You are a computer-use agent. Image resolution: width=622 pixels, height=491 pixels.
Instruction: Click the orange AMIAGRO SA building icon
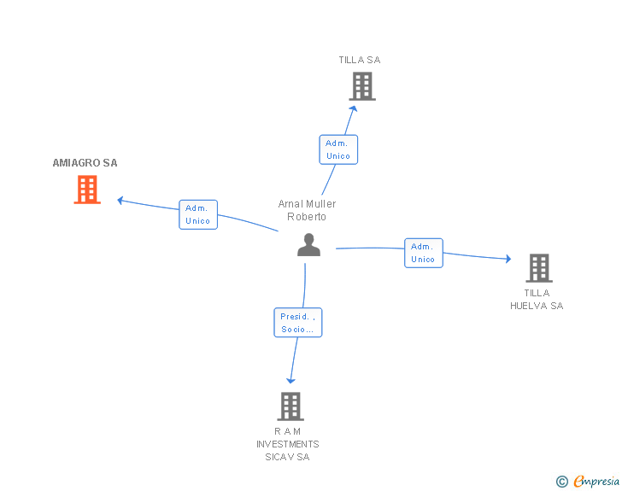[x=87, y=190]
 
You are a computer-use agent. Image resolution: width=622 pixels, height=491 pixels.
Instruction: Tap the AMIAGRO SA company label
[x=85, y=163]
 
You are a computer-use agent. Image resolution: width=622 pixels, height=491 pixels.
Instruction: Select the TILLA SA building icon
[x=362, y=86]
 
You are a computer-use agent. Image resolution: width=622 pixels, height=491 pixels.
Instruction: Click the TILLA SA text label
[x=360, y=60]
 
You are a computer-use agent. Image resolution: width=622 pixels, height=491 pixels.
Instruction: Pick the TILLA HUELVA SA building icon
[x=539, y=268]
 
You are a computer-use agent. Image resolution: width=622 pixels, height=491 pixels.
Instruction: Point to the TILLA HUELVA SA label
[x=537, y=300]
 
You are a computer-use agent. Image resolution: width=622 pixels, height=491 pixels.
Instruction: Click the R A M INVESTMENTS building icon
[x=290, y=406]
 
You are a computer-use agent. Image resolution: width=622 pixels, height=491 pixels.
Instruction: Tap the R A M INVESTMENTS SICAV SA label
[x=288, y=444]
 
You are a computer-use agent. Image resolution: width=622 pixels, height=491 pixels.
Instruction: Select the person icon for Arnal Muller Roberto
[x=308, y=245]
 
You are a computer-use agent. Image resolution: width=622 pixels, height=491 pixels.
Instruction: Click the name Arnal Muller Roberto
[x=307, y=210]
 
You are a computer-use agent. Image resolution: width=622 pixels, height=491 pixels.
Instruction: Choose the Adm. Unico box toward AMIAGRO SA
[x=198, y=214]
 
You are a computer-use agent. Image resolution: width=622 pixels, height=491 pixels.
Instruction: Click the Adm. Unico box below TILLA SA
[x=338, y=149]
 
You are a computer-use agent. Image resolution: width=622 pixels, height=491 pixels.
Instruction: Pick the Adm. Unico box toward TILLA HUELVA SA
[x=424, y=253]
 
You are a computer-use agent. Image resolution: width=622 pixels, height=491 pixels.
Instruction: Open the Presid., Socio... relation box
[x=298, y=323]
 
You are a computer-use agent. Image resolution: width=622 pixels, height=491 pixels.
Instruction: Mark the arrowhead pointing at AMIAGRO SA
[x=120, y=201]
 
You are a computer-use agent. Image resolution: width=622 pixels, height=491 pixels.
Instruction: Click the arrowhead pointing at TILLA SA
[x=354, y=108]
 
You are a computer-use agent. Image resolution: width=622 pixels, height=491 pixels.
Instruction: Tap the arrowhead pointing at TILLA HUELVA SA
[x=508, y=259]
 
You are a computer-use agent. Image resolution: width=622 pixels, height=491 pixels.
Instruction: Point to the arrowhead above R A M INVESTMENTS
[x=290, y=381]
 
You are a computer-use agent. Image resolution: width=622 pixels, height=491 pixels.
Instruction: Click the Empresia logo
[x=596, y=481]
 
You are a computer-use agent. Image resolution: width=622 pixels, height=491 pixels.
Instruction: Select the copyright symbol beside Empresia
[x=562, y=482]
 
